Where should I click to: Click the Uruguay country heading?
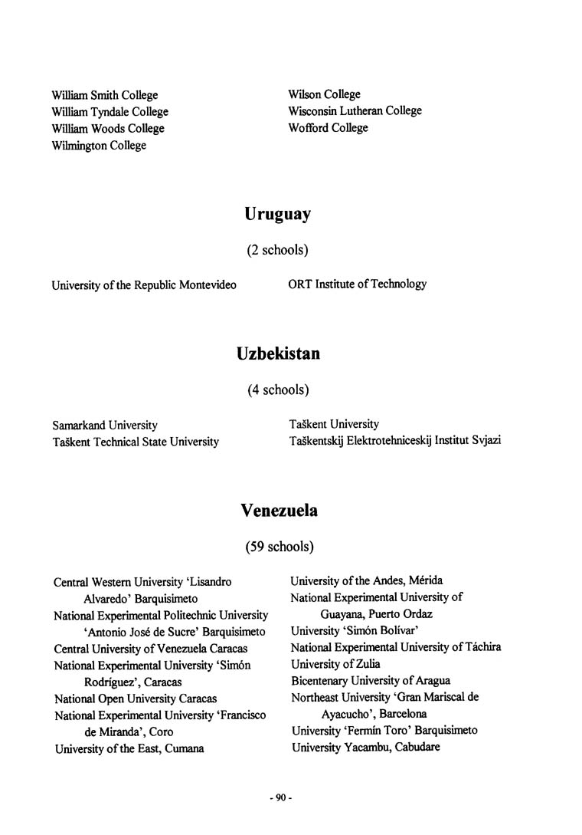pyautogui.click(x=277, y=215)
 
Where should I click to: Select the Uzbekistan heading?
pyautogui.click(x=278, y=354)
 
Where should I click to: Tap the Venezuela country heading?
pyautogui.click(x=279, y=511)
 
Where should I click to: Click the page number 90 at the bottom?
pyautogui.click(x=281, y=798)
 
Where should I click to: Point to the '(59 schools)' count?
pyautogui.click(x=279, y=547)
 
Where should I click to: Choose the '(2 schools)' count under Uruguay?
pyautogui.click(x=277, y=250)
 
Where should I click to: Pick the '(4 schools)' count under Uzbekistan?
pyautogui.click(x=278, y=390)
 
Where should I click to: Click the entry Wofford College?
pyautogui.click(x=328, y=128)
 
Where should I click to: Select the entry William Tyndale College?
pyautogui.click(x=110, y=112)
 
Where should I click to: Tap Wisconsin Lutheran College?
pyautogui.click(x=355, y=111)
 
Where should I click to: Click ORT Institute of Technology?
pyautogui.click(x=357, y=284)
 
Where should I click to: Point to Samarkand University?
pyautogui.click(x=105, y=425)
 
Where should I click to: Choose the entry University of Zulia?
pyautogui.click(x=335, y=664)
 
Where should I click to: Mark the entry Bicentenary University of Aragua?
pyautogui.click(x=370, y=681)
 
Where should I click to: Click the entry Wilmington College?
pyautogui.click(x=99, y=146)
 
